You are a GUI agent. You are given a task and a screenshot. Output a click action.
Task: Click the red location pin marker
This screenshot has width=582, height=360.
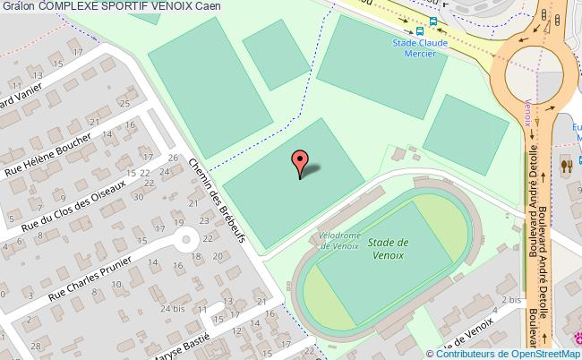300,162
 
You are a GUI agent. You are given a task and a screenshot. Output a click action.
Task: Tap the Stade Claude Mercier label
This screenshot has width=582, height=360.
420,47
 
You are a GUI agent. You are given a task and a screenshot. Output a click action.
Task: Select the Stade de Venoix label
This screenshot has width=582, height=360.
388,248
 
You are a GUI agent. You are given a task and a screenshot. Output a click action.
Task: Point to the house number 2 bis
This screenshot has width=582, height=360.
511,300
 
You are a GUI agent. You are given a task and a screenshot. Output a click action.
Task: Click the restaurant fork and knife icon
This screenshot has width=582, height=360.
565,165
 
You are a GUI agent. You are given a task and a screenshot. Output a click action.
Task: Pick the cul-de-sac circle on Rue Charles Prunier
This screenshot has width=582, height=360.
187,239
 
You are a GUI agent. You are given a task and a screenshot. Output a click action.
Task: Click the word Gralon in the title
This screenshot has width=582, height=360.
17,7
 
